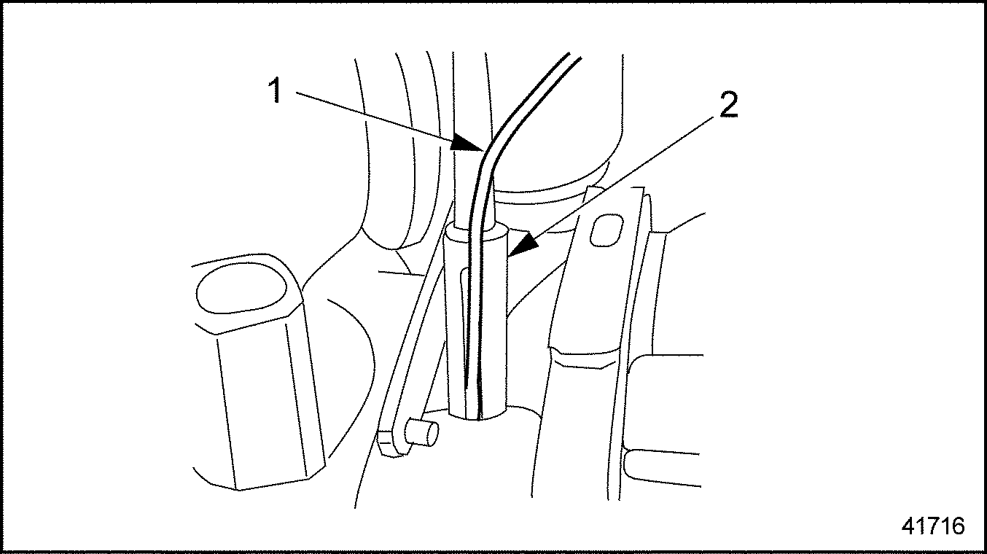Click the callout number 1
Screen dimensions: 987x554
pos(276,90)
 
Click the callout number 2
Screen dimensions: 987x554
pos(729,106)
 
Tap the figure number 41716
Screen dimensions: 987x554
pos(933,526)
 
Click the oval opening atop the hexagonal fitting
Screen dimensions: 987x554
pos(241,289)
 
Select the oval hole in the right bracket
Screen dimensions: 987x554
pos(606,230)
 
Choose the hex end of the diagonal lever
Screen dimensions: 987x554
pos(391,443)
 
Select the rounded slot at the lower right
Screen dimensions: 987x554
pos(661,466)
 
